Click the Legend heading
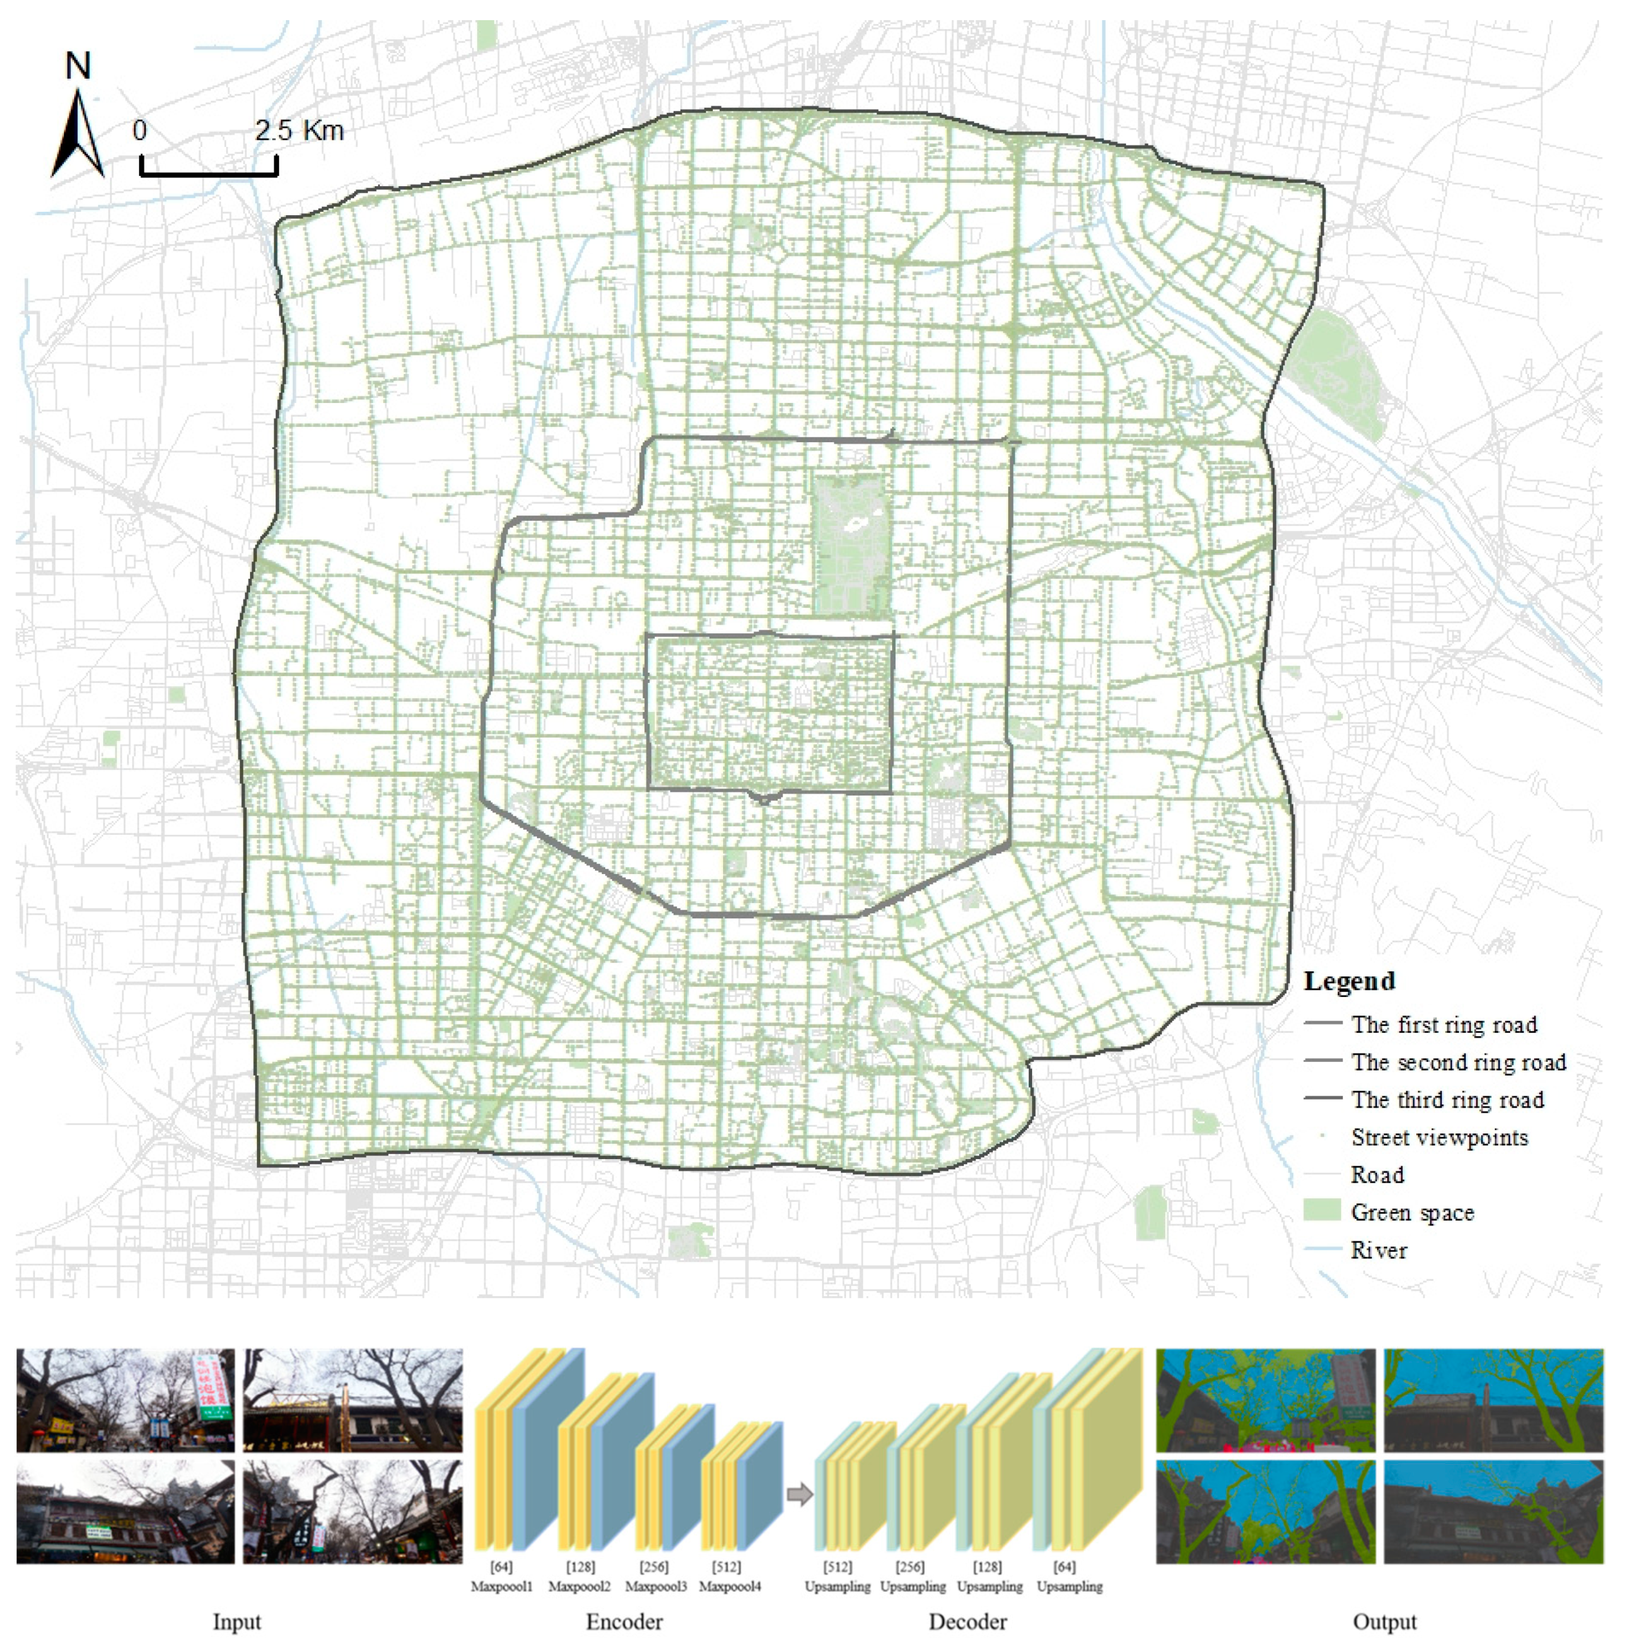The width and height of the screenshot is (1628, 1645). pos(1349,981)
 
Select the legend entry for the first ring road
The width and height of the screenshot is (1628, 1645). pos(1444,1025)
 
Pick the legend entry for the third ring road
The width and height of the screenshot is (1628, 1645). pos(1447,1100)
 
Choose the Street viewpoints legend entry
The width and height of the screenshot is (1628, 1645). pos(1439,1138)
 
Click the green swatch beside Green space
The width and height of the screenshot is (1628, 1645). pos(1322,1211)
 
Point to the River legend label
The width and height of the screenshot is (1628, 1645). pos(1379,1251)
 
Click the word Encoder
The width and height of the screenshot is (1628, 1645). pos(624,1622)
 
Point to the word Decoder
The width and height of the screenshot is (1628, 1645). pos(968,1622)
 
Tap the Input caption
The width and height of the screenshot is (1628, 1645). pos(236,1622)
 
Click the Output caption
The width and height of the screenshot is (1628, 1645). pos(1385,1622)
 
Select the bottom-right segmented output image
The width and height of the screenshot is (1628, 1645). pos(1494,1512)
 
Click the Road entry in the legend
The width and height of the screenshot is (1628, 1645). pos(1377,1175)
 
